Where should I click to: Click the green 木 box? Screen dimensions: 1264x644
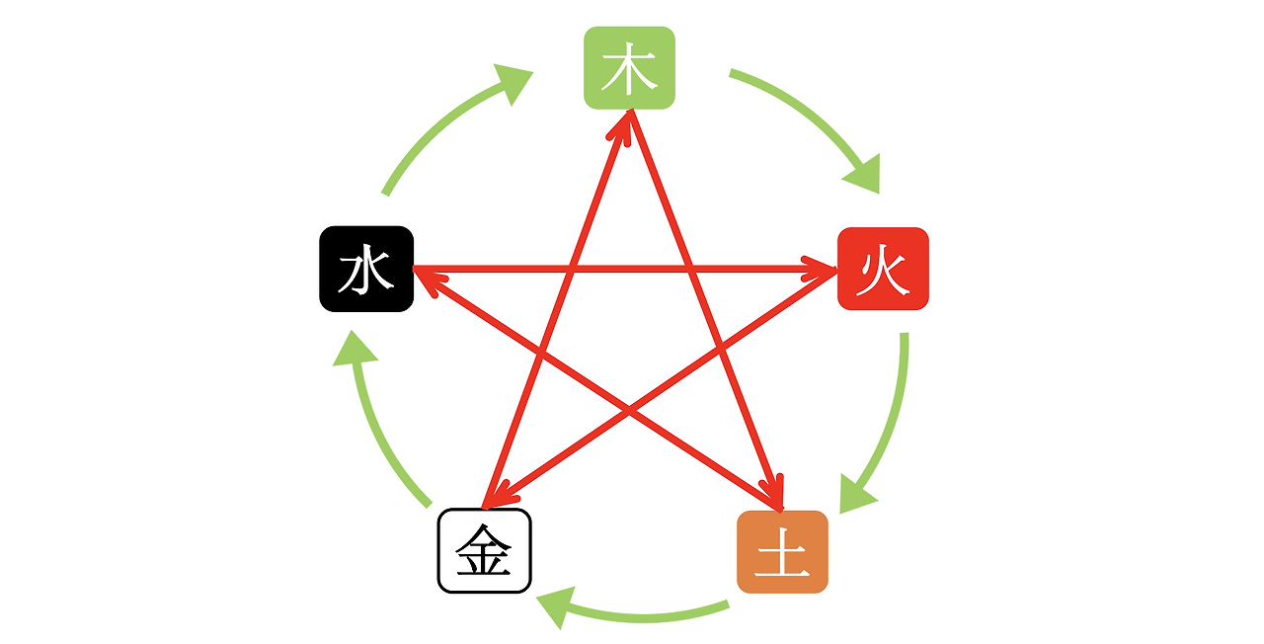click(629, 68)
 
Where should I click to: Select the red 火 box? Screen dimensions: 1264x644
click(883, 269)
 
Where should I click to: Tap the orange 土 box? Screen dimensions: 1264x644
click(782, 552)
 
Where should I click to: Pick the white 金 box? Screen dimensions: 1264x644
click(484, 551)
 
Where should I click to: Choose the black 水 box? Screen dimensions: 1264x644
click(365, 269)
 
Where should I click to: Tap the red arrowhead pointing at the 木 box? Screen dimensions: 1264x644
click(623, 123)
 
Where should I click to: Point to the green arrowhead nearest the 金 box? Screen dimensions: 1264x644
click(557, 605)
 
